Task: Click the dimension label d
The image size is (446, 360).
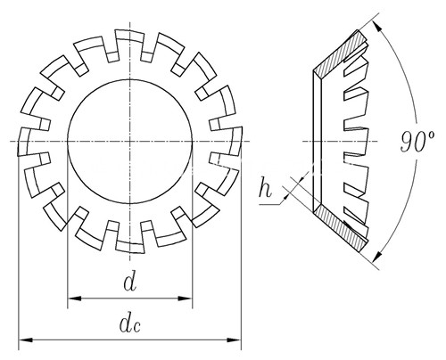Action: pos(130,282)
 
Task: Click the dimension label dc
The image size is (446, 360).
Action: pos(129,324)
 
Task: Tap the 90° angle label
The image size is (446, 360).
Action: pos(417,142)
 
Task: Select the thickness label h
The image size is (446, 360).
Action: pos(265,187)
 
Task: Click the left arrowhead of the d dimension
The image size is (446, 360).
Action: pos(74,299)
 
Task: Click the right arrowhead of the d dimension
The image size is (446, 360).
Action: pos(186,299)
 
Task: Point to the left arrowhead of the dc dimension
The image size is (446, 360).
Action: pos(26,340)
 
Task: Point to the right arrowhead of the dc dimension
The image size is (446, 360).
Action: pos(234,340)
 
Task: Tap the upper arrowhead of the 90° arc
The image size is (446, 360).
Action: pos(377,27)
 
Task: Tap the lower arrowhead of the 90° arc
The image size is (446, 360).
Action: pos(377,256)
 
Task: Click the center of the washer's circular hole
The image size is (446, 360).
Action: pos(130,142)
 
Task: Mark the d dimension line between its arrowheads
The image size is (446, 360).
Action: pos(130,299)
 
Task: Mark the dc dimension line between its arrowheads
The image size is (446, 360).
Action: pos(130,340)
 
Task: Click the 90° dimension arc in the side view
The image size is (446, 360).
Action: pos(416,113)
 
